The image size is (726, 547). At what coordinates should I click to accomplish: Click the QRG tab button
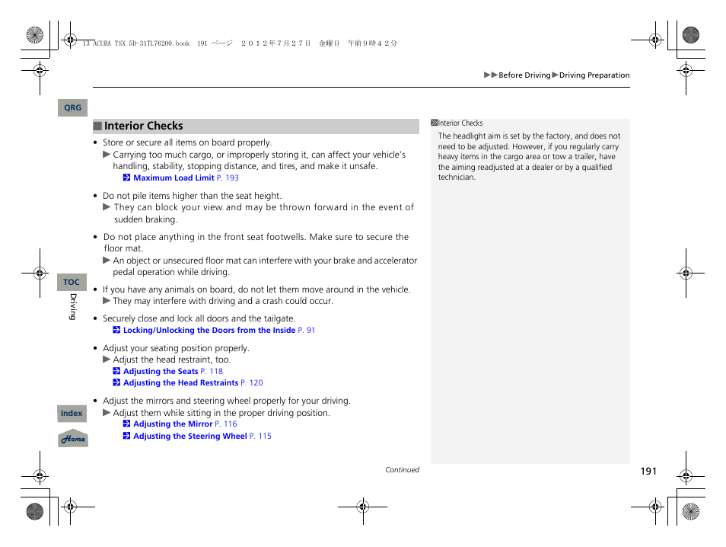72,108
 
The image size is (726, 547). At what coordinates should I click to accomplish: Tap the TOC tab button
72,282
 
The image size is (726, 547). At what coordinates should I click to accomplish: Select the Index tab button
72,414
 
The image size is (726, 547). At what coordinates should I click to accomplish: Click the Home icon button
73,439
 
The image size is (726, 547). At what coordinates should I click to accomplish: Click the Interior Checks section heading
144,126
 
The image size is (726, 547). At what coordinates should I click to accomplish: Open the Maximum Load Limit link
174,178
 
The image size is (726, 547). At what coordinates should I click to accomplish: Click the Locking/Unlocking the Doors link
209,331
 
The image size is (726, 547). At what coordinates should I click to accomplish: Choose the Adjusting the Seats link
161,372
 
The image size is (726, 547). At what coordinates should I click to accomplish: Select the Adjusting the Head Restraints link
180,383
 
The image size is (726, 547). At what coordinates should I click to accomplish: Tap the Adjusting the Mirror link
173,424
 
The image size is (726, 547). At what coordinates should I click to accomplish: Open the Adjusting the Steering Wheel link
190,437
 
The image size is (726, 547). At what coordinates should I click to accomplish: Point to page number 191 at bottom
648,472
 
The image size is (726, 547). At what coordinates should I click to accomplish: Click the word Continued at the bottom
402,470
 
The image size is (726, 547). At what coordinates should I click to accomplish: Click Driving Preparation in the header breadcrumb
594,75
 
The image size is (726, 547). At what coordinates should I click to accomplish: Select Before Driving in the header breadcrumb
524,75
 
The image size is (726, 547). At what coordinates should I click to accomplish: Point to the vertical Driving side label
74,306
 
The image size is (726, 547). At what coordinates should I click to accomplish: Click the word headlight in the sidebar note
469,136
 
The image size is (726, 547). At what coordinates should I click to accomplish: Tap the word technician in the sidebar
457,178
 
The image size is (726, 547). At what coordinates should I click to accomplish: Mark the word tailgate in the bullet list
278,319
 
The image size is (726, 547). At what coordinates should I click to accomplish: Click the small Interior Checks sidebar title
460,123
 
